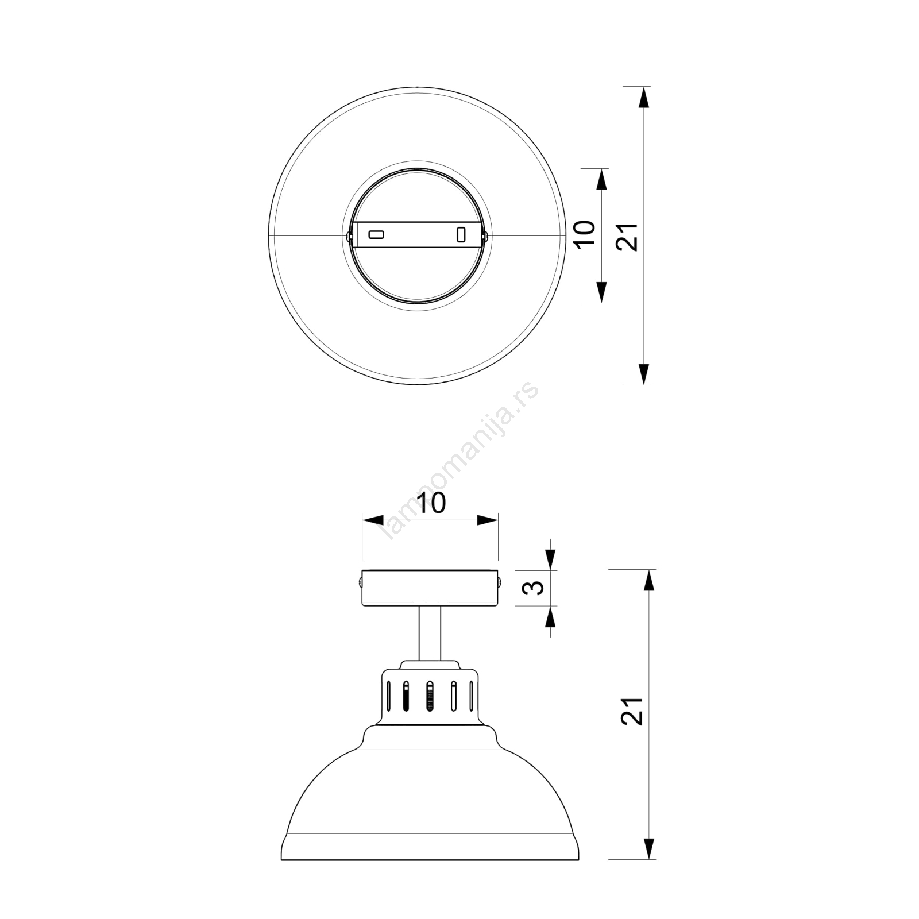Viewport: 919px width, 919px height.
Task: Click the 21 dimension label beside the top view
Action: coord(627,236)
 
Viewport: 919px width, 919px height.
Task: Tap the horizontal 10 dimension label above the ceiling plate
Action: coord(430,503)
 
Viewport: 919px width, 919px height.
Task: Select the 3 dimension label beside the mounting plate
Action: coord(535,588)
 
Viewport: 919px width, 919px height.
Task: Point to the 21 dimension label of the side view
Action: coord(632,711)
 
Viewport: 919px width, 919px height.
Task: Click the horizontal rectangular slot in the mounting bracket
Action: coord(376,234)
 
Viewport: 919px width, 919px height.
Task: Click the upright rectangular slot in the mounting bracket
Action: coord(460,234)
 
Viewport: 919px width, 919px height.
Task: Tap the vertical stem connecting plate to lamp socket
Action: coord(430,634)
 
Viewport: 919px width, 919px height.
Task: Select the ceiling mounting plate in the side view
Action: coord(430,588)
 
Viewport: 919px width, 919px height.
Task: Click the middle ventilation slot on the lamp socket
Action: coord(429,696)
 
